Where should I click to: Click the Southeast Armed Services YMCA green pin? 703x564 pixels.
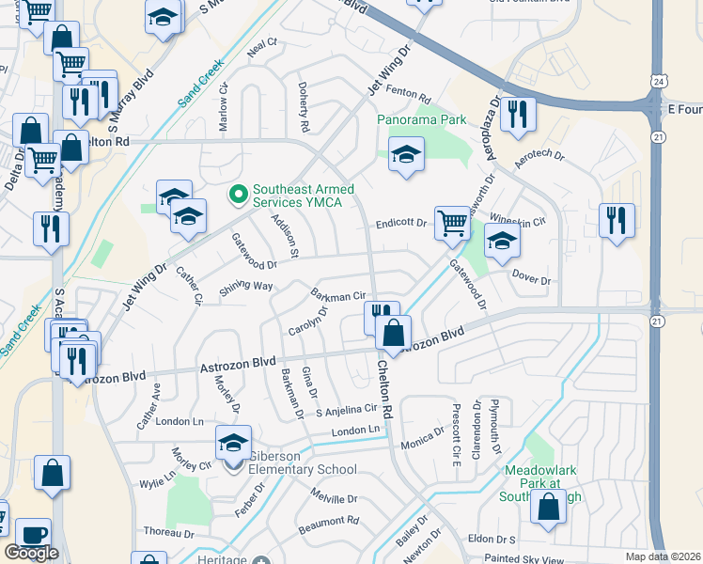[x=238, y=195]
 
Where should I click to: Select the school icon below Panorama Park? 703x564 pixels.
[x=406, y=155]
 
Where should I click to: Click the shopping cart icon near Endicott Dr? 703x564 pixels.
[x=452, y=224]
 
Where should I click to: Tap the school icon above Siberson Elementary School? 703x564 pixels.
[x=233, y=443]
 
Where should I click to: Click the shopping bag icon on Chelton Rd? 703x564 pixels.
[x=394, y=332]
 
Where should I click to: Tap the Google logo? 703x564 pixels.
[x=31, y=553]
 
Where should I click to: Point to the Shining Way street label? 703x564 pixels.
[x=246, y=287]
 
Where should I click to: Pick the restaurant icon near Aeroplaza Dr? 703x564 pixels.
[x=517, y=114]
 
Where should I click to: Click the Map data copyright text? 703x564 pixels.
[x=664, y=556]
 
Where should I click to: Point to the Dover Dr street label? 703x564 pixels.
[x=531, y=279]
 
